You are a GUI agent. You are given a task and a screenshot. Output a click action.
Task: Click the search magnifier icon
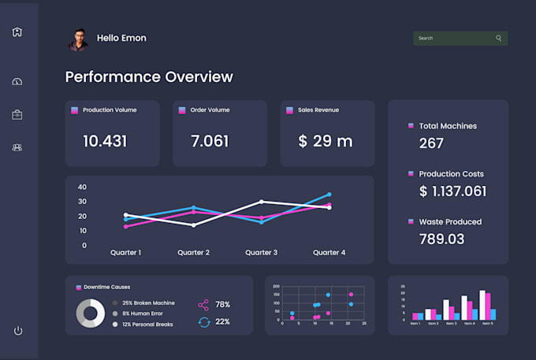click(498, 38)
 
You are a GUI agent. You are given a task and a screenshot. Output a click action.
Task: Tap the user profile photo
click(79, 39)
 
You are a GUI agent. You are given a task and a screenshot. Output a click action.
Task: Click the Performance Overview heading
click(149, 76)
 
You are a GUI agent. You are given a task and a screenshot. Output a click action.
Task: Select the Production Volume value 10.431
click(105, 141)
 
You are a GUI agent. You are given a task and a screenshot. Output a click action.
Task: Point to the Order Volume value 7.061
click(210, 141)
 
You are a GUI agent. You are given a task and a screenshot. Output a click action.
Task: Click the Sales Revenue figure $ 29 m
click(326, 141)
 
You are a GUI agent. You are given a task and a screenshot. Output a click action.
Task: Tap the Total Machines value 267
click(431, 143)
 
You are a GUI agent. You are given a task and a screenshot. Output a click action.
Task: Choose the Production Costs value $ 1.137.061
click(452, 191)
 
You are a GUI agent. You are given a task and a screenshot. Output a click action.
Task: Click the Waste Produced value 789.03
click(441, 239)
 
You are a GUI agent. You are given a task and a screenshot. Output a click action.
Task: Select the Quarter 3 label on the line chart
click(261, 253)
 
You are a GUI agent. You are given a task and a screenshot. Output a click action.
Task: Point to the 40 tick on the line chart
click(82, 187)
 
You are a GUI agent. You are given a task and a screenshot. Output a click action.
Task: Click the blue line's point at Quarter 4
click(329, 195)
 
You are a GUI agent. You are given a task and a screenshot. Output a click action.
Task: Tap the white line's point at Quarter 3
click(262, 202)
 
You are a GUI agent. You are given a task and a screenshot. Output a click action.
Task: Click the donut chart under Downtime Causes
click(91, 314)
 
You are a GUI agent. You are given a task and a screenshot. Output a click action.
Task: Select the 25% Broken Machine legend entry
click(148, 302)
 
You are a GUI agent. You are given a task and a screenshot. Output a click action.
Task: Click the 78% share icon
click(203, 304)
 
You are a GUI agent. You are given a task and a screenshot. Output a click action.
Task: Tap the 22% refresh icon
click(203, 321)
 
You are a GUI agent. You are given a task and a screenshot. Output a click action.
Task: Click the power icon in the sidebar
click(18, 330)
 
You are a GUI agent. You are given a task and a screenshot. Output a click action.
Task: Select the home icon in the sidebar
click(17, 32)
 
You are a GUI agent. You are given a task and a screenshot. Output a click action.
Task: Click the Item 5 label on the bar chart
click(488, 323)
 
